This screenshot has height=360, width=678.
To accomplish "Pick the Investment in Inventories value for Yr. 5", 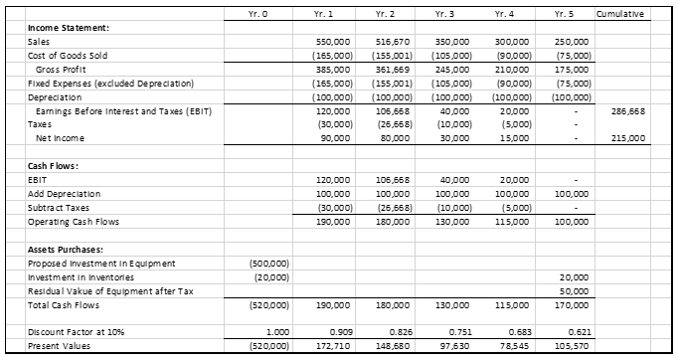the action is pyautogui.click(x=574, y=276).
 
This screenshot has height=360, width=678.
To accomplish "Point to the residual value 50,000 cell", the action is pyautogui.click(x=574, y=290).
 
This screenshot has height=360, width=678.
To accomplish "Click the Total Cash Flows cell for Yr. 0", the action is pyautogui.click(x=267, y=304).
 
